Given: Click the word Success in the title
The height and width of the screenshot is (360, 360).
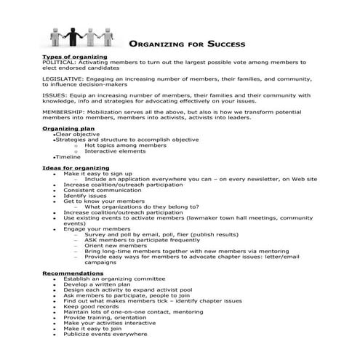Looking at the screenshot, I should tap(219, 43).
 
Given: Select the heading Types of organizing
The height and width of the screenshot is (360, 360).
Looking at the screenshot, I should tap(75, 57).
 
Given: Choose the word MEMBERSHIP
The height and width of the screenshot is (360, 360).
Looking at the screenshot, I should tap(64, 112).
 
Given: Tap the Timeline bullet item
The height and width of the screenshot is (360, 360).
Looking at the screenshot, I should tap(68, 157).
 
